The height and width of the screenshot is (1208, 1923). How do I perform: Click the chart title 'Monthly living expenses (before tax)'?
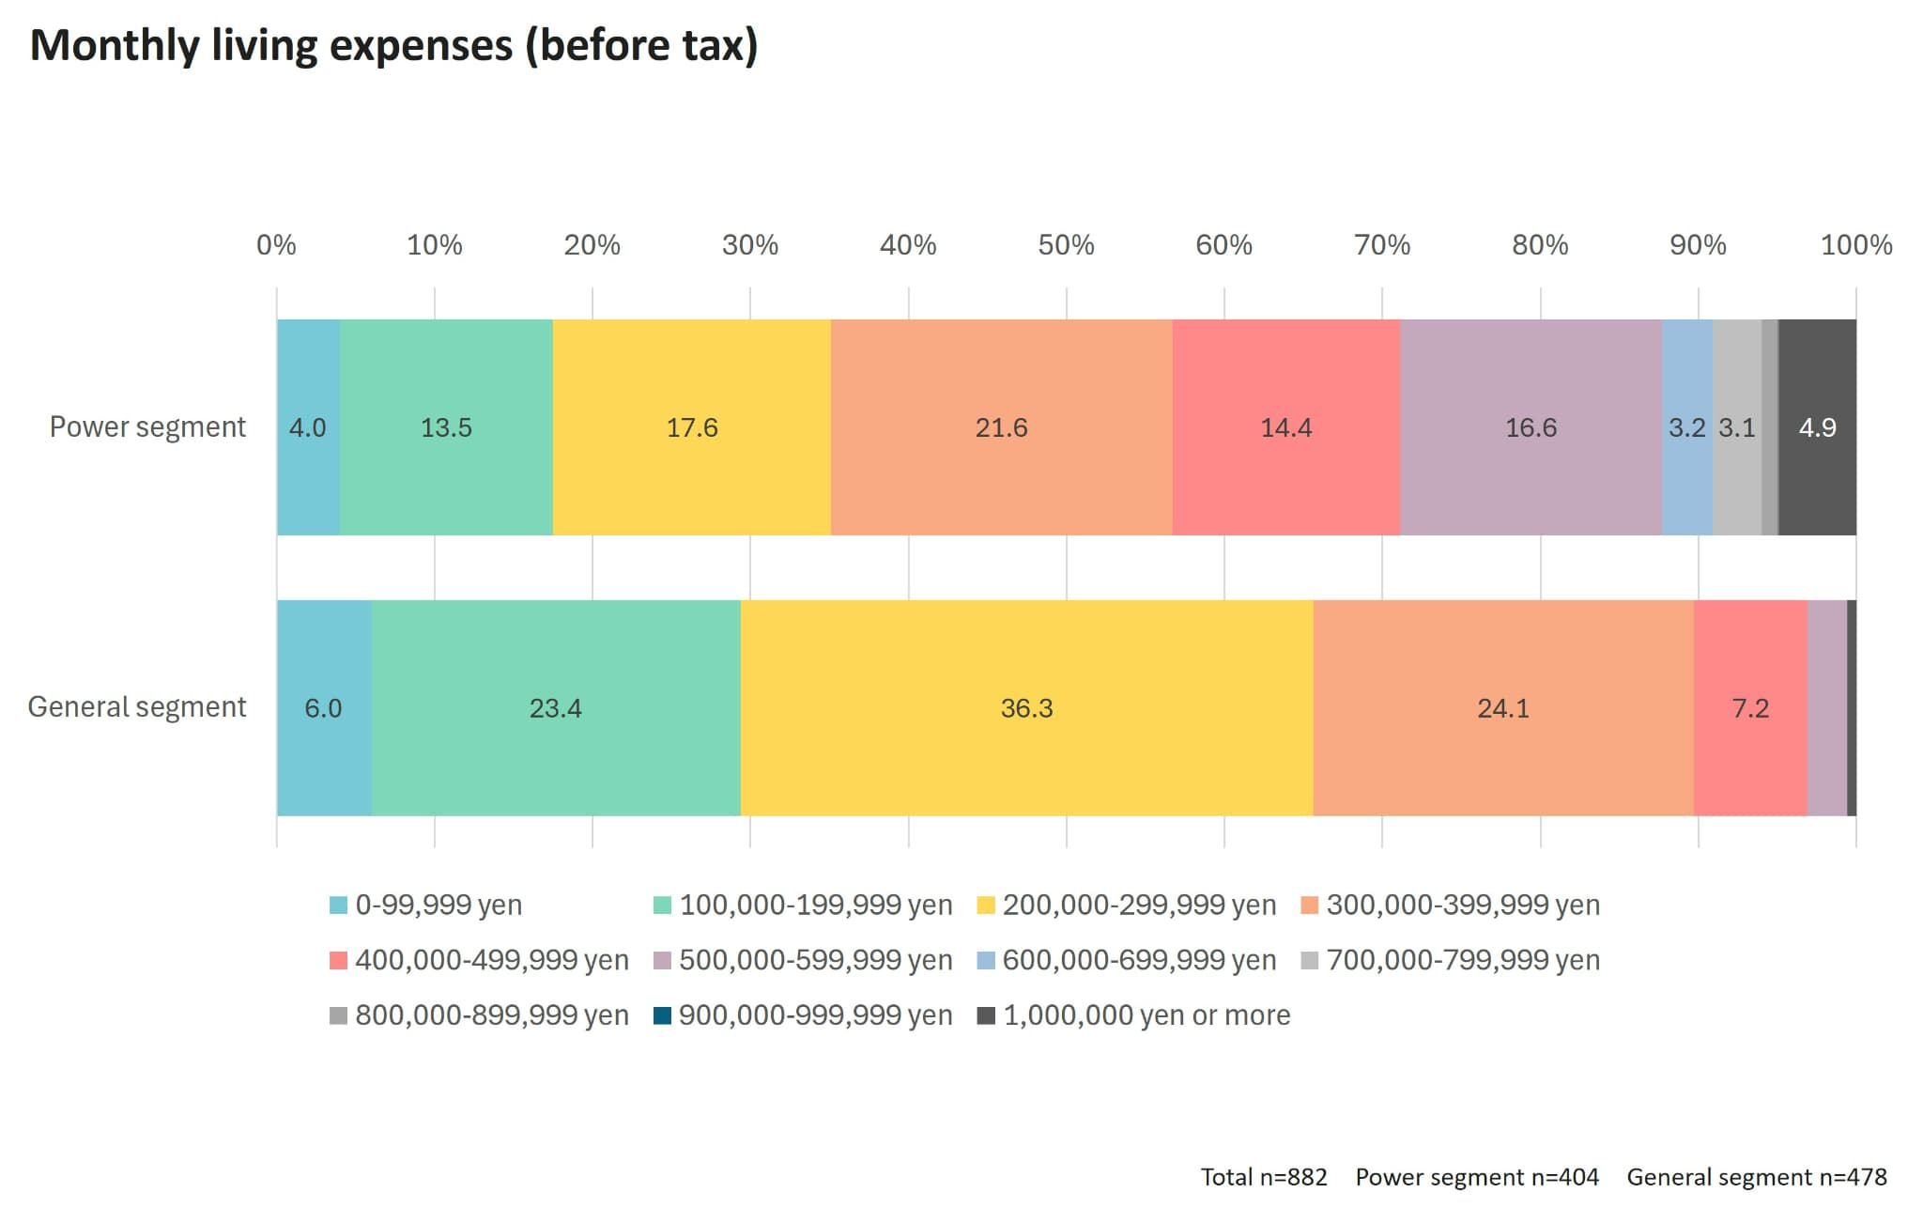click(393, 45)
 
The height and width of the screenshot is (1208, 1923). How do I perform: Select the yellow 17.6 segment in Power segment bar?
click(692, 427)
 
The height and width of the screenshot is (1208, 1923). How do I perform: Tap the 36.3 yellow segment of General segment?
click(1026, 707)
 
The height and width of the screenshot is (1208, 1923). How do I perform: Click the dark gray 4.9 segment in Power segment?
click(1817, 427)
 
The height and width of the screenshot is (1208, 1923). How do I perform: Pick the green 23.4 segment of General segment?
click(555, 707)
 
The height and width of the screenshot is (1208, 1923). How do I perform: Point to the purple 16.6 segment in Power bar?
click(1531, 427)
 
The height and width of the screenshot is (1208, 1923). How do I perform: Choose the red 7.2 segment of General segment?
click(1750, 707)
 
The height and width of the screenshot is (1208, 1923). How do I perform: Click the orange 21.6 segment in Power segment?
click(1001, 427)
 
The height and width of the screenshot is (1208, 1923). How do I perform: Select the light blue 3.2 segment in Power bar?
click(1686, 427)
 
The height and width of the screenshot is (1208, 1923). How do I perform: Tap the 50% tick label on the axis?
click(1066, 245)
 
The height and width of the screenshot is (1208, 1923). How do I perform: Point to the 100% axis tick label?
click(1855, 245)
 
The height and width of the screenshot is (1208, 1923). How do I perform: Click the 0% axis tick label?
click(276, 245)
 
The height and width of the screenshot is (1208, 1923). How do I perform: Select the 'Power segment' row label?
click(147, 426)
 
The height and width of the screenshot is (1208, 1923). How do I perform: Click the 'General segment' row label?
click(137, 706)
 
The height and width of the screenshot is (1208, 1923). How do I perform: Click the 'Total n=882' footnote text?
click(1264, 1177)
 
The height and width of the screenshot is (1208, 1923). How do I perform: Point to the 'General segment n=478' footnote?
click(1756, 1177)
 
